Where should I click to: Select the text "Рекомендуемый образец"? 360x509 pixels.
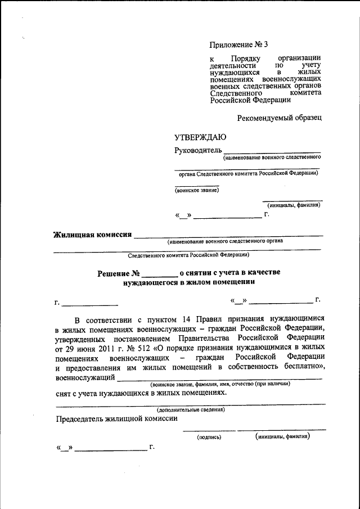[x=279, y=118]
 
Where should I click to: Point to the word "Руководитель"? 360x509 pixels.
[x=197, y=150]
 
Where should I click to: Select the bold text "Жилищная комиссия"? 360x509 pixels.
[x=92, y=235]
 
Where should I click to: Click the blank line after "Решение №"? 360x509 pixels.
[x=160, y=273]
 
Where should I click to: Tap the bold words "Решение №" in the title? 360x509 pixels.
[x=118, y=273]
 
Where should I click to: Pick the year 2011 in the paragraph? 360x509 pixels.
[x=89, y=349]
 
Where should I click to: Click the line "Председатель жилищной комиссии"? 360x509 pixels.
[x=117, y=418]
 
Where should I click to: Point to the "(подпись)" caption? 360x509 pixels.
[x=209, y=437]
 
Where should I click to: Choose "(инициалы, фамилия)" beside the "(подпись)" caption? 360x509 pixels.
[x=282, y=436]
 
